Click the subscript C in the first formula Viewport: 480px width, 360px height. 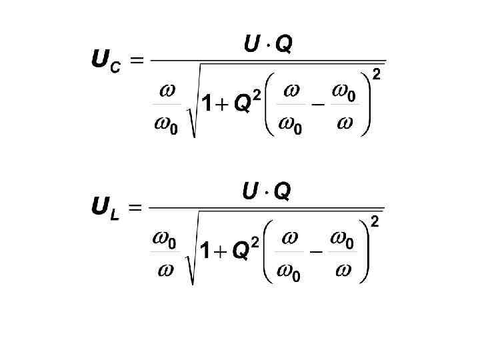click(x=115, y=68)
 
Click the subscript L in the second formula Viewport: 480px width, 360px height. click(x=115, y=215)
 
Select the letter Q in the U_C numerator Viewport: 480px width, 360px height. click(x=283, y=45)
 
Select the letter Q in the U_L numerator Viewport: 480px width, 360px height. click(x=282, y=192)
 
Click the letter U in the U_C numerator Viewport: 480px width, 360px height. click(x=252, y=45)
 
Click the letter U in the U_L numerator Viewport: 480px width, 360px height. click(x=251, y=192)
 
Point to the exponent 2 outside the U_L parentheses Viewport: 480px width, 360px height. click(x=375, y=222)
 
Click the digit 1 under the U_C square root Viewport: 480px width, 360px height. click(x=207, y=105)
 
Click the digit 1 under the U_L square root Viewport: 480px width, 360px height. click(x=206, y=251)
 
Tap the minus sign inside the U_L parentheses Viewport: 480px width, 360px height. click(x=316, y=253)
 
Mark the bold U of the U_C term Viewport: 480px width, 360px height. click(x=101, y=61)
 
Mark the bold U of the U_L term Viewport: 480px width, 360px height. click(x=101, y=207)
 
